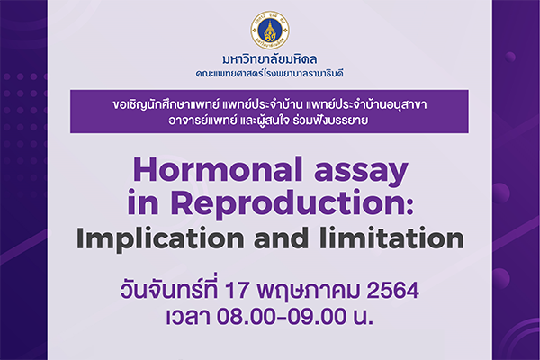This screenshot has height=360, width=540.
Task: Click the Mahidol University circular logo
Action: pyautogui.click(x=270, y=31)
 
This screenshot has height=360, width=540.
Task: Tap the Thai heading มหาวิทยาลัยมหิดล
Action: pyautogui.click(x=270, y=59)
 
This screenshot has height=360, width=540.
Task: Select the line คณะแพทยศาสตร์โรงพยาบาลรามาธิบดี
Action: pyautogui.click(x=270, y=74)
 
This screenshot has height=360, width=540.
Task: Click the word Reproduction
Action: pyautogui.click(x=286, y=203)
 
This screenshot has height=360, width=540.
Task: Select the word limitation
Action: pyautogui.click(x=391, y=238)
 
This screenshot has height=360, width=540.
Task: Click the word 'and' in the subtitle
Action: pyautogui.click(x=281, y=238)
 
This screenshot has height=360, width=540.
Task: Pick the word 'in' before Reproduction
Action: pyautogui.click(x=143, y=203)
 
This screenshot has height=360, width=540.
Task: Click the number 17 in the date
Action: pyautogui.click(x=237, y=291)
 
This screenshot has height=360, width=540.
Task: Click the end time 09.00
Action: pyautogui.click(x=318, y=317)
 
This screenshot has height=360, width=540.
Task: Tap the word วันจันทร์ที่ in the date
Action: pyautogui.click(x=169, y=290)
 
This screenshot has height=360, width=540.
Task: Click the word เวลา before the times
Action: pyautogui.click(x=188, y=317)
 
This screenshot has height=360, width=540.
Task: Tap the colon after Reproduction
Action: pyautogui.click(x=409, y=206)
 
